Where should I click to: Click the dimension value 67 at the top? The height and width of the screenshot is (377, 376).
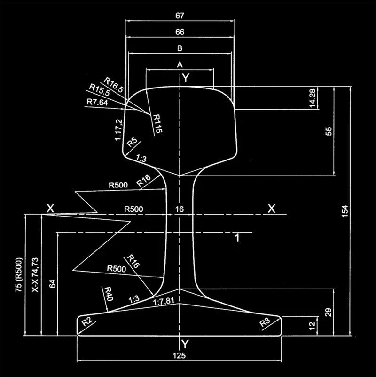(179, 16)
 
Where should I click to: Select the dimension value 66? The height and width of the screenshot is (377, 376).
(179, 32)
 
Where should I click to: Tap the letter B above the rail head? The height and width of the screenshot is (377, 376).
(179, 48)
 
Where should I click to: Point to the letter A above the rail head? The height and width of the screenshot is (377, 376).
(179, 65)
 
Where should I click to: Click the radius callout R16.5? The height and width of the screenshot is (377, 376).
(114, 84)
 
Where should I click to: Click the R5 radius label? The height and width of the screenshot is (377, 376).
(133, 142)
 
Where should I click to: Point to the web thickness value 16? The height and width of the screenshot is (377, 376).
(179, 209)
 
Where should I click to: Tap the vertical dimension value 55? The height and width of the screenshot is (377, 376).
(329, 131)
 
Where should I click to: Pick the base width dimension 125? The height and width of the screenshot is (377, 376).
(179, 356)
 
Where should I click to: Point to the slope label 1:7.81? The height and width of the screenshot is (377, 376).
(164, 304)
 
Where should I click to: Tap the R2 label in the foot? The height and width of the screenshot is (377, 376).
(86, 322)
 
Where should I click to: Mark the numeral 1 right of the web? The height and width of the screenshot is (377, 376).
(237, 238)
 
